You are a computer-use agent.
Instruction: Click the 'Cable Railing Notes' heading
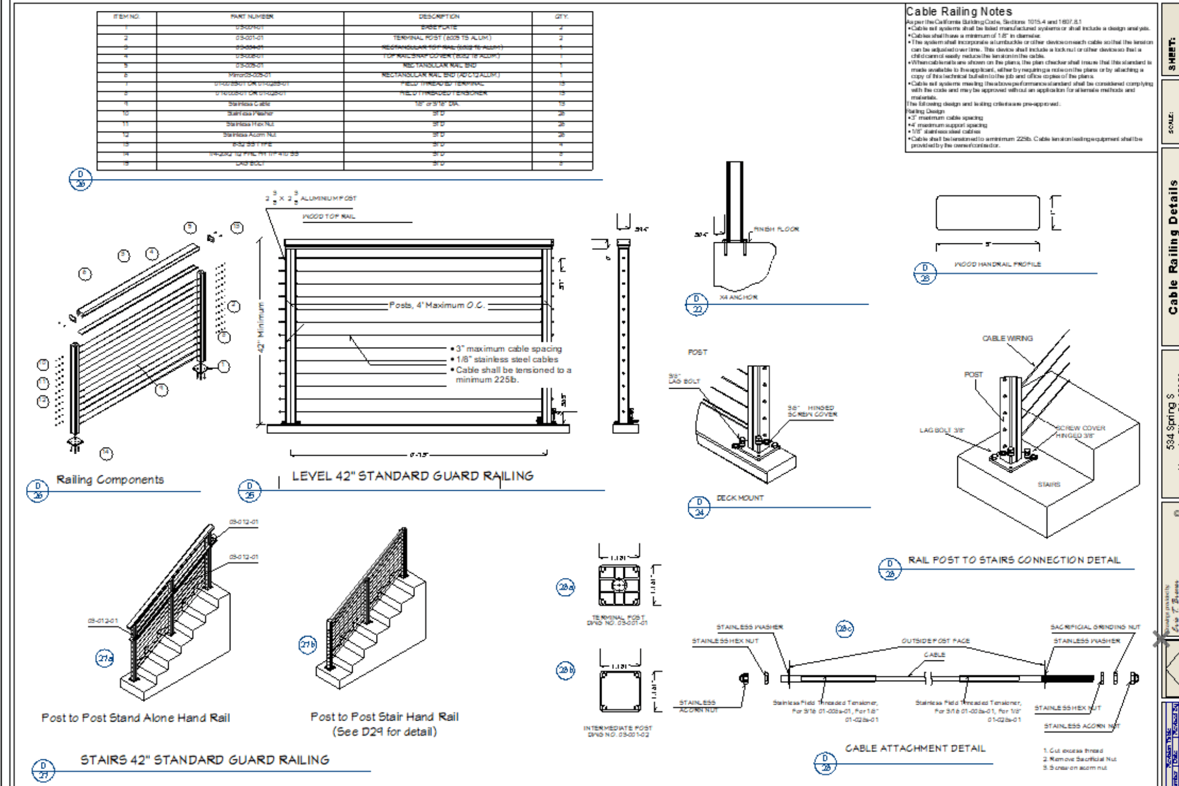(959, 11)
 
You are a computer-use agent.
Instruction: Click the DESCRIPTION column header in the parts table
(439, 17)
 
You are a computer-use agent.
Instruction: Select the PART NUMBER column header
(252, 17)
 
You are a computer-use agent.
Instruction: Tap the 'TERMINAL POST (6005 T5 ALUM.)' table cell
(442, 38)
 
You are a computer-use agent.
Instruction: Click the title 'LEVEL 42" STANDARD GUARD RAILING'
(413, 476)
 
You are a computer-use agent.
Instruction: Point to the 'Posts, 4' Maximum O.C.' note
(437, 305)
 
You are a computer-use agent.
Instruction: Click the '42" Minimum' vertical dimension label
(262, 327)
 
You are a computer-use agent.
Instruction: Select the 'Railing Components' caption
(110, 480)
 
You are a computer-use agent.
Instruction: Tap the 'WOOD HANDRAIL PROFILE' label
(997, 264)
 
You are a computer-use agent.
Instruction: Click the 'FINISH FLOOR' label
(776, 229)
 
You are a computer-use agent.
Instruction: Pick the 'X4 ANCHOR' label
(738, 297)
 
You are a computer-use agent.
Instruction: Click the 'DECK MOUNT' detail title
(740, 498)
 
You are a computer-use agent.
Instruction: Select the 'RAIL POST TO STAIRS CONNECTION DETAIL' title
(1014, 560)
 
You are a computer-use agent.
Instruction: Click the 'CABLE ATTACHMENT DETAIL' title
(915, 748)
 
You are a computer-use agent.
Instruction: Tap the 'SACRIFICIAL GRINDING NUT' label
(1095, 627)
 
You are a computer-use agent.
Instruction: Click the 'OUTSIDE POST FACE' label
(935, 641)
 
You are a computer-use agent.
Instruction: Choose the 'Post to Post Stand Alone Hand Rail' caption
(135, 718)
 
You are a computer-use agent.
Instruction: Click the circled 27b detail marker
(308, 645)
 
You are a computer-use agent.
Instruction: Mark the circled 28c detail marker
(844, 629)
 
